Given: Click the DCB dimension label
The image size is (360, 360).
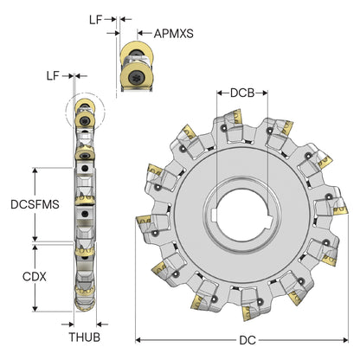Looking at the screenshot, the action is click(242, 93).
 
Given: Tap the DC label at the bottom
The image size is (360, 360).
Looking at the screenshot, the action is click(247, 340).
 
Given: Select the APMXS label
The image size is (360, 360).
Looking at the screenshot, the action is click(174, 34).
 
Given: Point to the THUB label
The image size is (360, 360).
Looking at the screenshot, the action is click(85, 337).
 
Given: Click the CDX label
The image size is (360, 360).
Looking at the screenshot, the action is click(35, 277).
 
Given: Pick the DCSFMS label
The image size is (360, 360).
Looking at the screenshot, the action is click(35, 204).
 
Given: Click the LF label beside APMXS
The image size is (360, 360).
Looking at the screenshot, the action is click(96, 20).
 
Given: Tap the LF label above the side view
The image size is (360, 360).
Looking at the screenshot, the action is click(53, 76).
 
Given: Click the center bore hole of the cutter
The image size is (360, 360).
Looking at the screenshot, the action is click(241, 215).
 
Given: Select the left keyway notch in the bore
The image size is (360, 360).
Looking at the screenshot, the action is click(214, 215).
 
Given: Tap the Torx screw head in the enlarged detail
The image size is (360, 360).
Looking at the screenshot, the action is click(135, 77).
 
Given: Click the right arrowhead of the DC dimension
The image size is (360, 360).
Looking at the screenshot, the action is click(345, 340).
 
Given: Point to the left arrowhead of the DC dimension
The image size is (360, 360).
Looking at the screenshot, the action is click(138, 340).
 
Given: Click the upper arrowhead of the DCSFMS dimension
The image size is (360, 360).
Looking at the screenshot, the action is click(35, 170).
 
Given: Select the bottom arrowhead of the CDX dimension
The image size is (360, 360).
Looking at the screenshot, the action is click(35, 309).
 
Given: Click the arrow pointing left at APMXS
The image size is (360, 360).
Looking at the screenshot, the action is click(145, 33).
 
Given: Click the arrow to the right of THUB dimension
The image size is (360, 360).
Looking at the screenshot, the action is click(102, 325).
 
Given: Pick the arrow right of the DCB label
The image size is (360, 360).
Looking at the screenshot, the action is click(261, 93).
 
